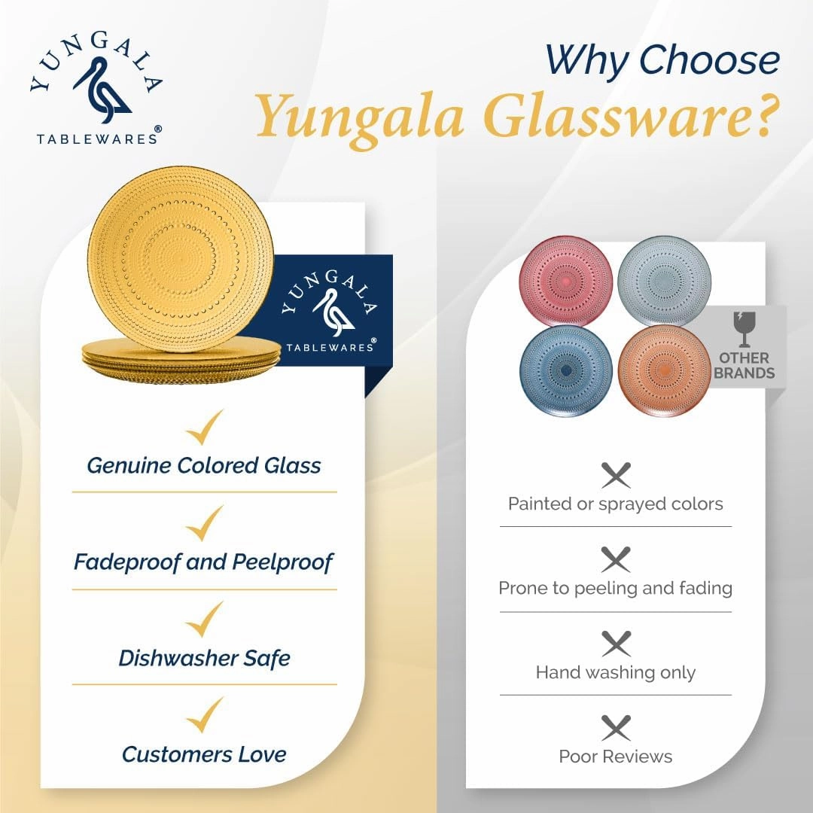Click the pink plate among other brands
click(565, 281)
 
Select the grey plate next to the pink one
click(664, 281)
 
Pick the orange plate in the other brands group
click(664, 370)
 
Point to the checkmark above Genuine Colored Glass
click(205, 428)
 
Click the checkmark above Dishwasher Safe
click(205, 620)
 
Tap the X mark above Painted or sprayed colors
click(616, 475)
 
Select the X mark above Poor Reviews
click(616, 728)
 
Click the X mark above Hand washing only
click(616, 644)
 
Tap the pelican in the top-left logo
click(102, 90)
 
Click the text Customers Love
click(204, 754)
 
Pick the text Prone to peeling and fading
click(616, 589)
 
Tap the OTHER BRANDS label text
click(744, 366)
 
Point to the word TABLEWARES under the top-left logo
click(96, 139)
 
